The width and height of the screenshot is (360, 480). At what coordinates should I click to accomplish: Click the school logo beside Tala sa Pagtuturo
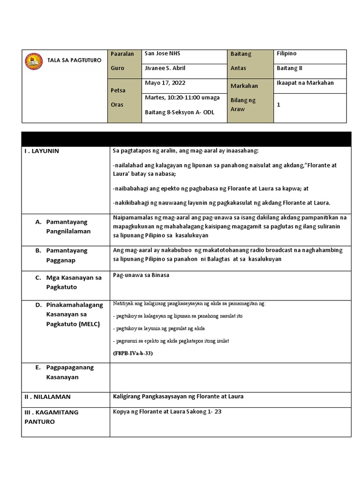[x=34, y=61]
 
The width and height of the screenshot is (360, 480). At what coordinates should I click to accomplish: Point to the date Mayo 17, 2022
[x=165, y=83]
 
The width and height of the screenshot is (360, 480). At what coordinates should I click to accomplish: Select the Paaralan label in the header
[x=122, y=54]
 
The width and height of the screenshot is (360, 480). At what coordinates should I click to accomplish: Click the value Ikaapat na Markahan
[x=305, y=83]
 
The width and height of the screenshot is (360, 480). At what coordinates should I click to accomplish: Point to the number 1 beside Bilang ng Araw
[x=278, y=105]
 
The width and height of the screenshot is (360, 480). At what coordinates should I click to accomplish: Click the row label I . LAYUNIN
[x=42, y=151]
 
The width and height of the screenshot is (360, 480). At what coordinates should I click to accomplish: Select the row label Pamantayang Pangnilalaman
[x=68, y=226]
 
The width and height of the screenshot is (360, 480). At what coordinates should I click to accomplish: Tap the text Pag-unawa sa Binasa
[x=141, y=275]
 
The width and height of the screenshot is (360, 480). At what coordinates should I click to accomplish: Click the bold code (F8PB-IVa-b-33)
[x=133, y=353]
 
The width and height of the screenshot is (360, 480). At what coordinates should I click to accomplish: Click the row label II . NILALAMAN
[x=47, y=397]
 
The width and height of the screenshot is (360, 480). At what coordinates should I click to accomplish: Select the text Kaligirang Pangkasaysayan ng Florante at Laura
[x=178, y=397]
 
